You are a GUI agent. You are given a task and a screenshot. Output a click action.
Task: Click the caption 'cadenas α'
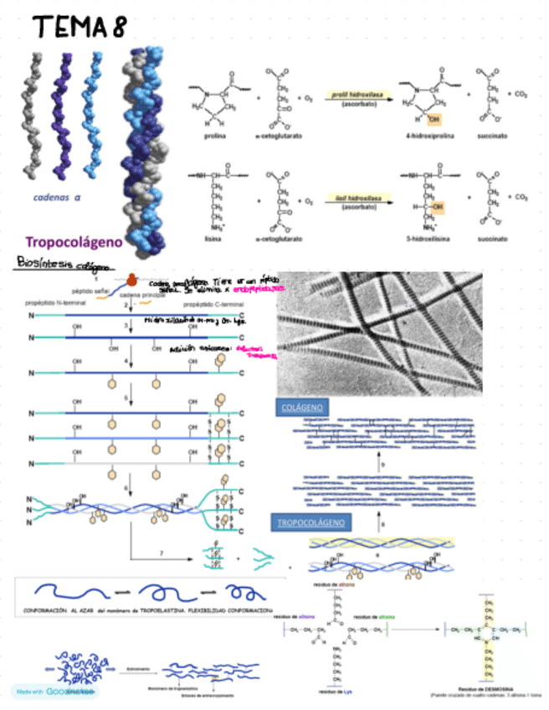coord(57,199)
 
